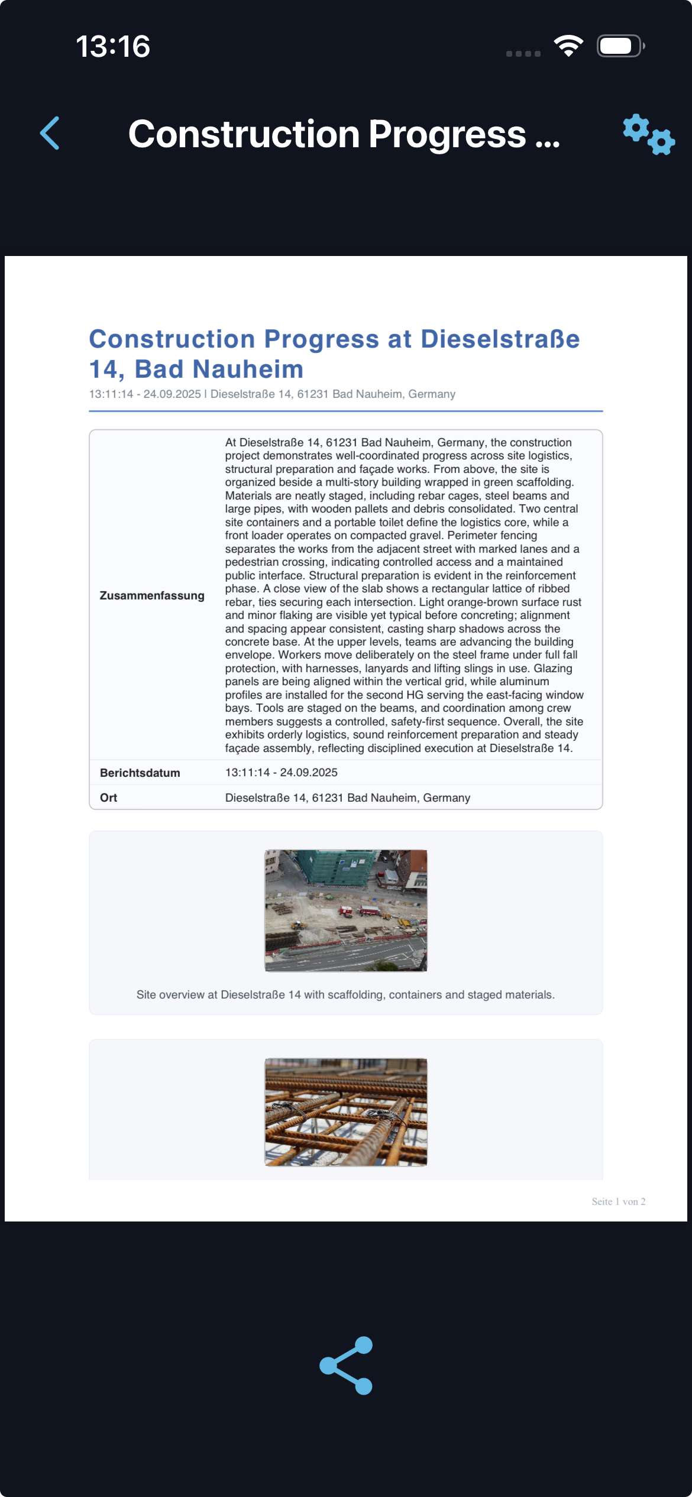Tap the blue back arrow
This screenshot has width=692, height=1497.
click(50, 133)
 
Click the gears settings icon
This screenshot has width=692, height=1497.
click(648, 134)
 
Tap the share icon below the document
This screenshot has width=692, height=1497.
click(346, 1365)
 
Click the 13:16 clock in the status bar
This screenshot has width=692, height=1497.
click(113, 46)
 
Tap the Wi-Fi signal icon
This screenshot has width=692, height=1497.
click(568, 46)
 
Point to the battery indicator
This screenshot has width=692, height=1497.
click(619, 46)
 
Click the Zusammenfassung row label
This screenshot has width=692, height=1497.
click(152, 595)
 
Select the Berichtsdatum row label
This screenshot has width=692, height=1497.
click(140, 773)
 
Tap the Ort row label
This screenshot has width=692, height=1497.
click(109, 798)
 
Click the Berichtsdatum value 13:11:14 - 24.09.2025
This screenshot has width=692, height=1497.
click(282, 772)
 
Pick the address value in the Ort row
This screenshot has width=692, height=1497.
click(348, 798)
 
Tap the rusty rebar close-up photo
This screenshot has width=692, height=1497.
click(346, 1112)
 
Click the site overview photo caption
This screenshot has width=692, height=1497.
click(345, 994)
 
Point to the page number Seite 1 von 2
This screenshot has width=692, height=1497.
click(618, 1201)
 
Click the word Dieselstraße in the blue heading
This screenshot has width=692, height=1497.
click(500, 339)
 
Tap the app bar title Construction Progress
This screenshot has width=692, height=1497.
click(344, 134)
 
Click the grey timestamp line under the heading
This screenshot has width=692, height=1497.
click(272, 394)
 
